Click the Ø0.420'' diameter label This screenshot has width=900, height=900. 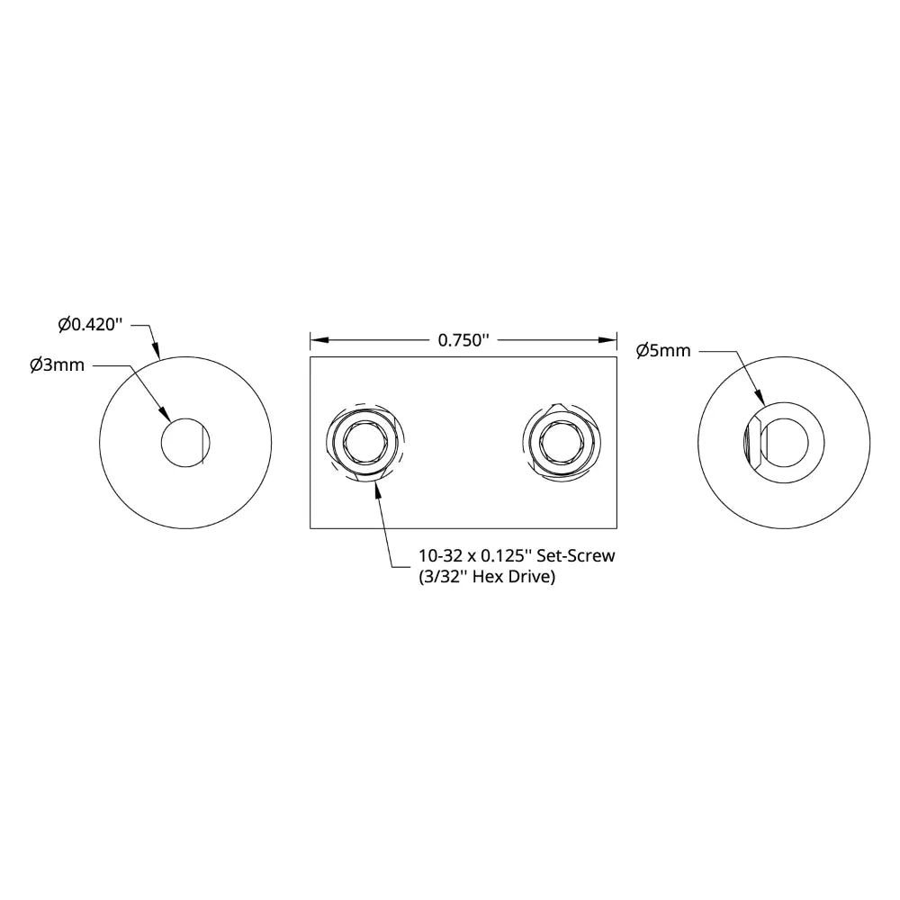point(89,324)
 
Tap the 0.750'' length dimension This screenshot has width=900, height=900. point(463,340)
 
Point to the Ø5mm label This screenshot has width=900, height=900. point(663,350)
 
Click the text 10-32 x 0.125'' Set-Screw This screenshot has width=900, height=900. point(517,556)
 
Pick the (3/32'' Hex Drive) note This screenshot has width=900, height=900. point(486,577)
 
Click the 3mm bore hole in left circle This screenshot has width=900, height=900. point(184,443)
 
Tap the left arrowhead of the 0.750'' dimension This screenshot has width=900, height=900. point(318,340)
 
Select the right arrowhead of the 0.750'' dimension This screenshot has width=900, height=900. point(609,340)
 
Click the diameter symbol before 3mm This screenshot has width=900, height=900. point(36,365)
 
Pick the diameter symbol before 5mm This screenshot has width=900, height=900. point(643,350)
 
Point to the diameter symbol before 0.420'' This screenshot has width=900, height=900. point(64,324)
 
